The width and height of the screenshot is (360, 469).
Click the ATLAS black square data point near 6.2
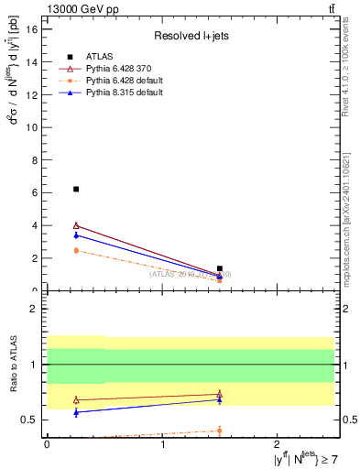pos(76,189)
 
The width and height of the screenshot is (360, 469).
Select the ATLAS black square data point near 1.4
pos(220,268)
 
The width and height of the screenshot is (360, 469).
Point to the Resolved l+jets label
pos(190,36)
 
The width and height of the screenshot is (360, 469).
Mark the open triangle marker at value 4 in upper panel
pos(76,225)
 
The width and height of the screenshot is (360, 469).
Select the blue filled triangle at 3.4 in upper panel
pos(76,235)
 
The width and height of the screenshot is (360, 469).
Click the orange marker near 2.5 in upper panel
pos(76,250)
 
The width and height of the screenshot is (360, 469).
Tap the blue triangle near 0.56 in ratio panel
pos(76,413)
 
